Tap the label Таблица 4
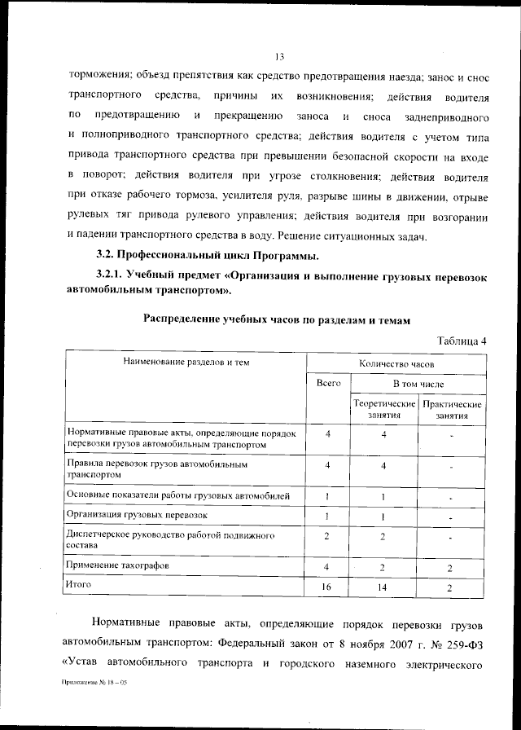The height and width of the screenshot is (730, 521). click(461, 341)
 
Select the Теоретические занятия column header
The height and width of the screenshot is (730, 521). click(383, 409)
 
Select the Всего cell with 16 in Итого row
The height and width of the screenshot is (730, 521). click(326, 587)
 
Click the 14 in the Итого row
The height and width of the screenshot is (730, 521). click(383, 587)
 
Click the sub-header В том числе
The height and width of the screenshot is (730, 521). click(418, 383)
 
